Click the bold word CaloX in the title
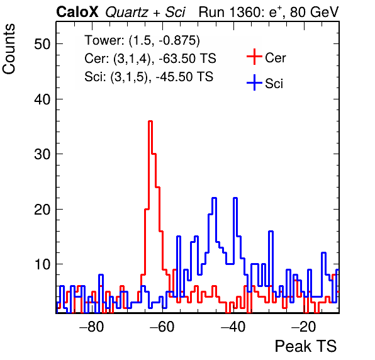pyautogui.click(x=77, y=12)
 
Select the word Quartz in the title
pyautogui.click(x=126, y=13)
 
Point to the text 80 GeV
pyautogui.click(x=314, y=12)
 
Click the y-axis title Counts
pyautogui.click(x=9, y=49)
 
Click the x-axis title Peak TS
pyautogui.click(x=306, y=346)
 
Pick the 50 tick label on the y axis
pyautogui.click(x=42, y=44)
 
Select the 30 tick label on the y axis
pyautogui.click(x=42, y=154)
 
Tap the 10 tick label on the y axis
pyautogui.click(x=42, y=264)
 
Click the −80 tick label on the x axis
pyautogui.click(x=92, y=327)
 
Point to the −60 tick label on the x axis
pyautogui.click(x=162, y=327)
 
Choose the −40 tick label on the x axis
pyautogui.click(x=233, y=327)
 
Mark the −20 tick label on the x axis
pyautogui.click(x=304, y=327)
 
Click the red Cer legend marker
pyautogui.click(x=254, y=57)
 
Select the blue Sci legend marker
pyautogui.click(x=254, y=82)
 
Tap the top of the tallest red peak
pyautogui.click(x=150, y=121)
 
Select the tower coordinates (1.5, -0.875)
pyautogui.click(x=164, y=41)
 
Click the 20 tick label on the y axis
pyautogui.click(x=42, y=210)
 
